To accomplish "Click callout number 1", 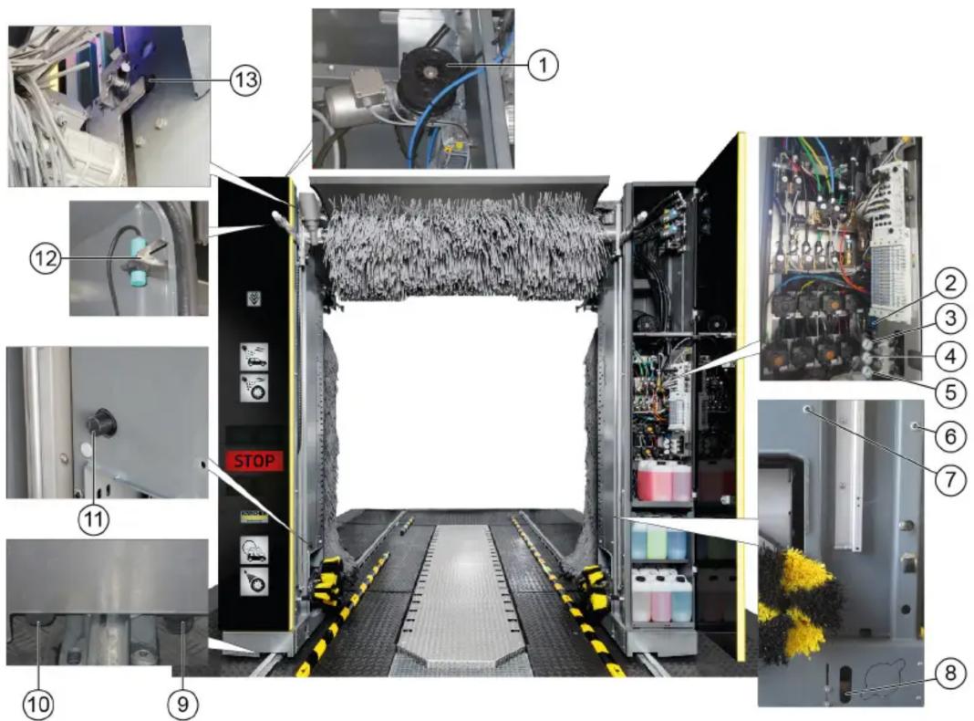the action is [543, 64].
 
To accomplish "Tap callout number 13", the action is [245, 80].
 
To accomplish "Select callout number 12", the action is [46, 258].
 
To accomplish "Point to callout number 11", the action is [93, 518].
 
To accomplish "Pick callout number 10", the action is [38, 705].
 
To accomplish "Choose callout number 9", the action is [182, 705].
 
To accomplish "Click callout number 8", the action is [950, 674].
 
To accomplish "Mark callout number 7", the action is [950, 480].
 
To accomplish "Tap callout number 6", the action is [950, 436].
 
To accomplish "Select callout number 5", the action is [950, 392].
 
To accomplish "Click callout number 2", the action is [950, 283].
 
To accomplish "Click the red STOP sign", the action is [254, 461].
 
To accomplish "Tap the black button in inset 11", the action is [99, 422].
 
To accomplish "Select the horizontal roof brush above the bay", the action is [461, 244].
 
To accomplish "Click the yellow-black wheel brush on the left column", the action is [328, 581].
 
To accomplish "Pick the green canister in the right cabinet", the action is [657, 539].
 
